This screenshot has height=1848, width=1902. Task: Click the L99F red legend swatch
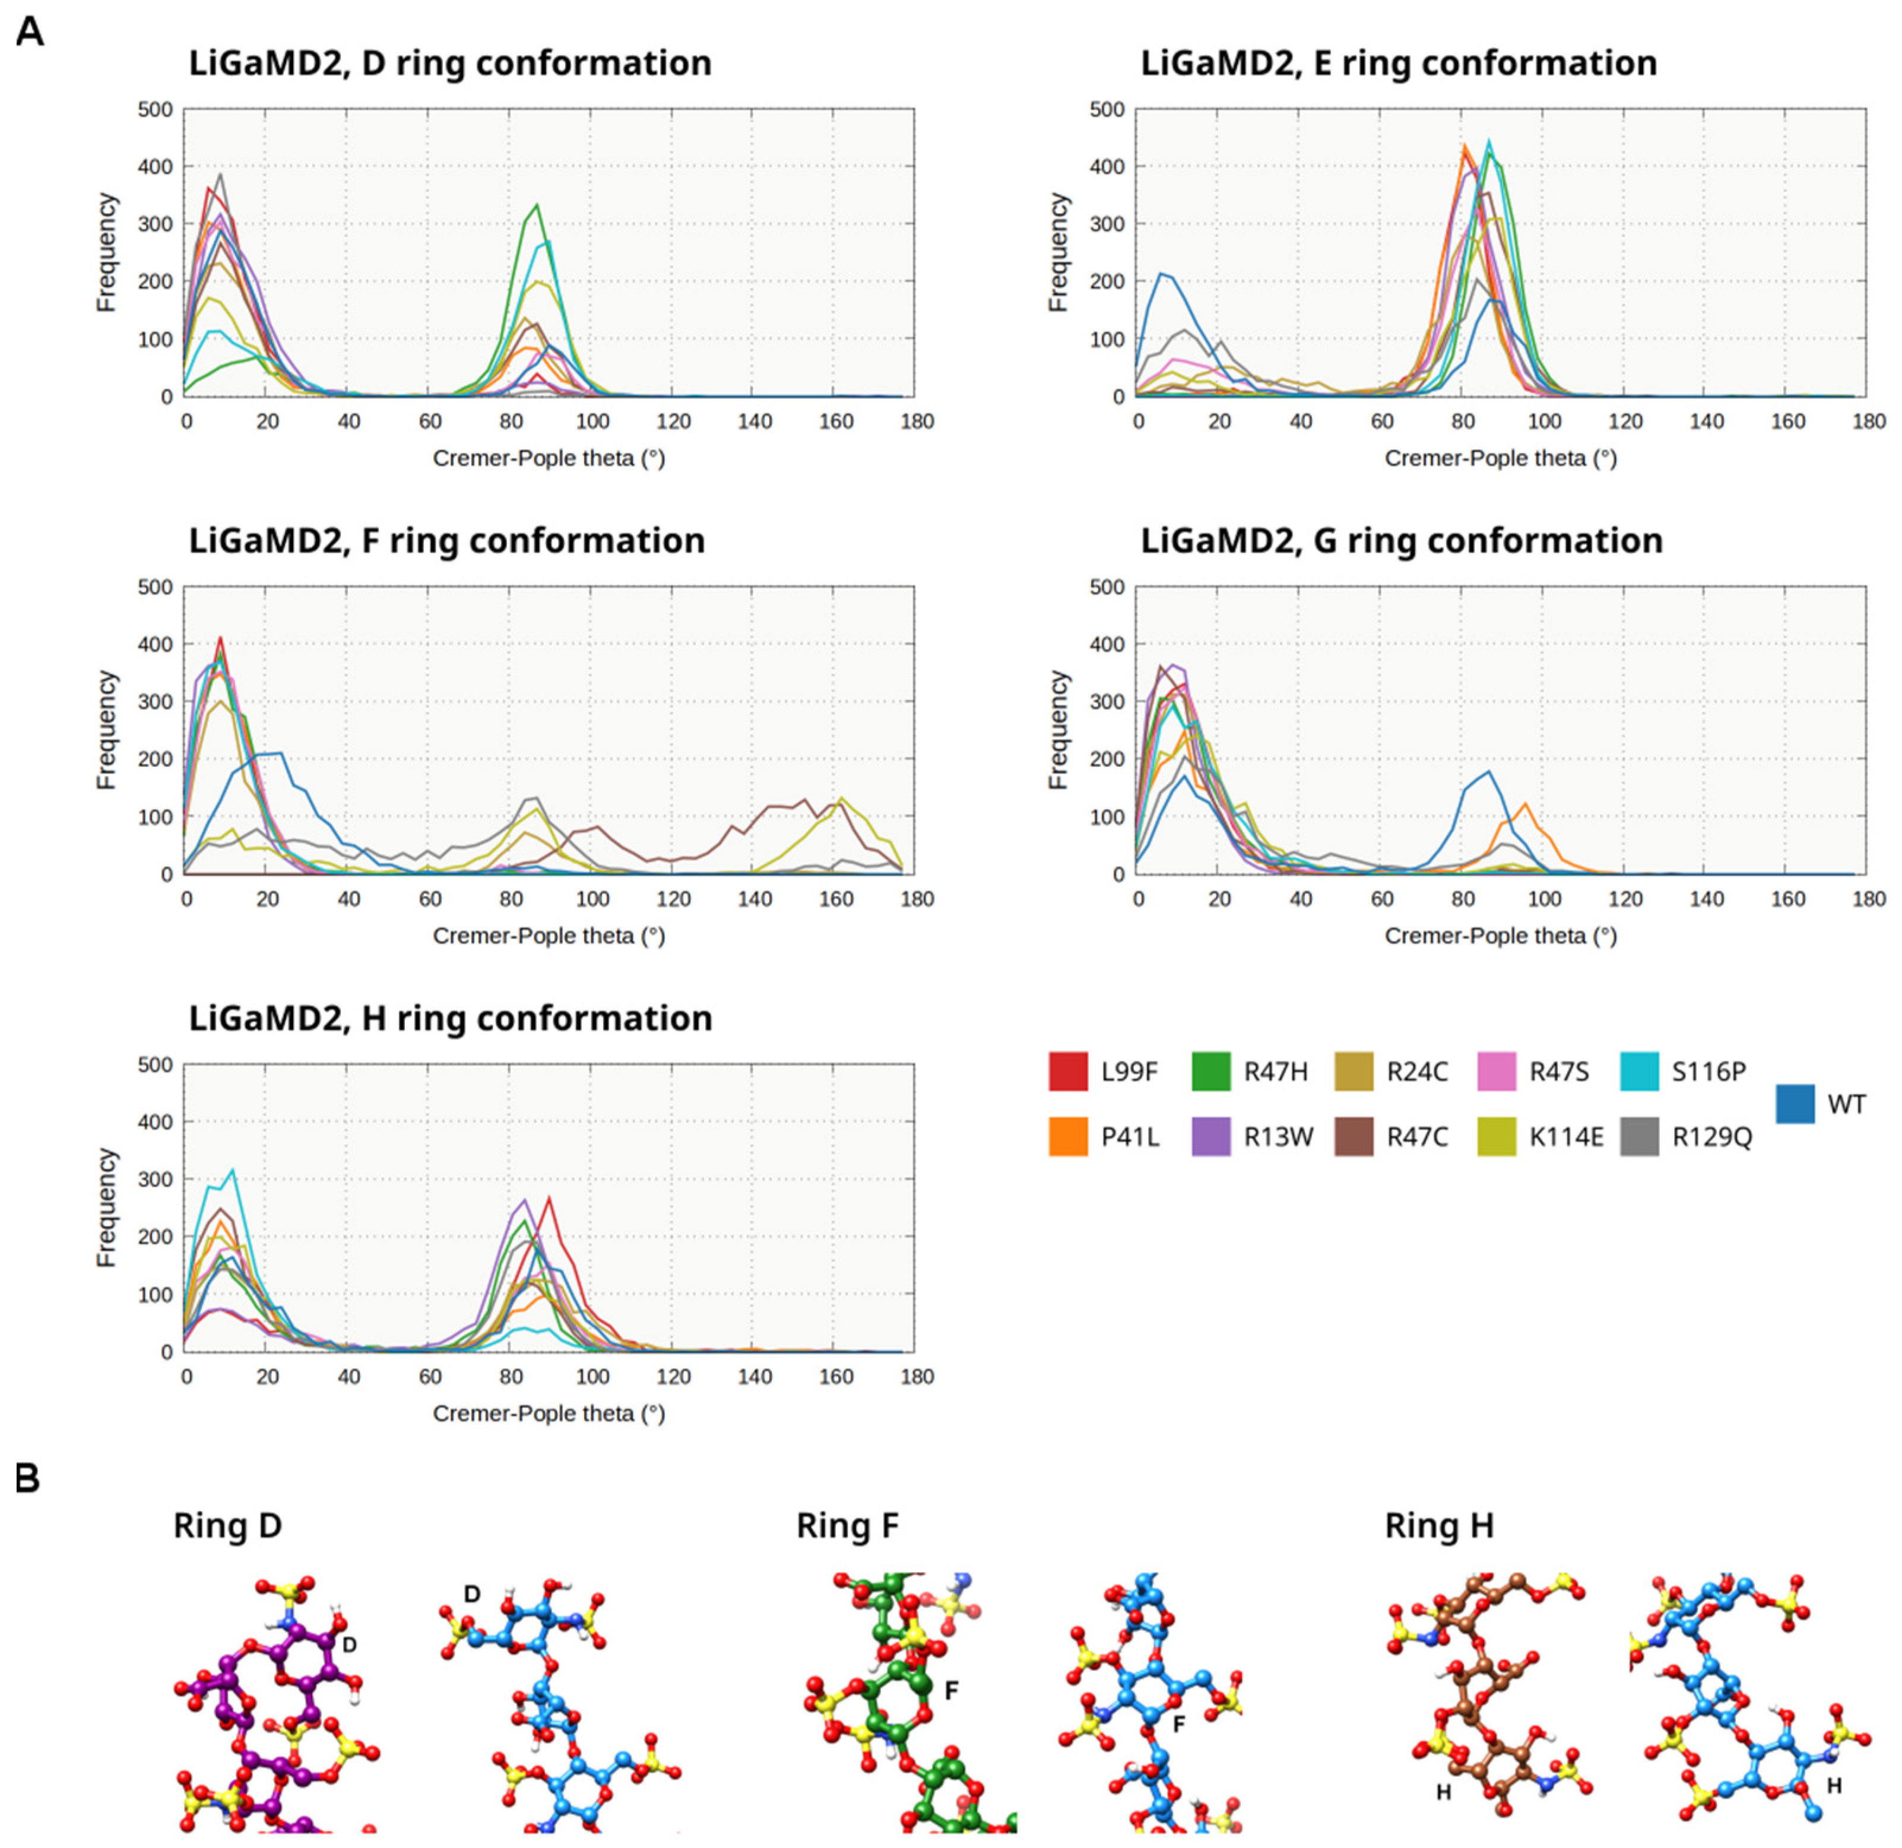1067,1072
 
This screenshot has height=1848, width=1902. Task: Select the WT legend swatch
1795,1104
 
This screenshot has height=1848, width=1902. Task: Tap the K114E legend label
1566,1137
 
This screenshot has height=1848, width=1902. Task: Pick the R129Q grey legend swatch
1639,1137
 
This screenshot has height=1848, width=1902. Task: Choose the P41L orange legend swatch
1067,1137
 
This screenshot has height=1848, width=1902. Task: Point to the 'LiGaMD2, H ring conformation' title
450,1018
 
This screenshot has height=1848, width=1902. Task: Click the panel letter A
30,32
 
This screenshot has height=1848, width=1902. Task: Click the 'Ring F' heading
847,1526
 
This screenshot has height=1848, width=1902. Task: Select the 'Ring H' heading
1438,1526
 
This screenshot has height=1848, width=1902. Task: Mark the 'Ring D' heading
227,1526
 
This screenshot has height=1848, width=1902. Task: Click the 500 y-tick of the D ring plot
156,110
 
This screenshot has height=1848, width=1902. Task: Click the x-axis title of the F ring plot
549,936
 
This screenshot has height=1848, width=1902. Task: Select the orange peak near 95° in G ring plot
1526,804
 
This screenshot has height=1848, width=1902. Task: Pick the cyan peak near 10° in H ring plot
232,1171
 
